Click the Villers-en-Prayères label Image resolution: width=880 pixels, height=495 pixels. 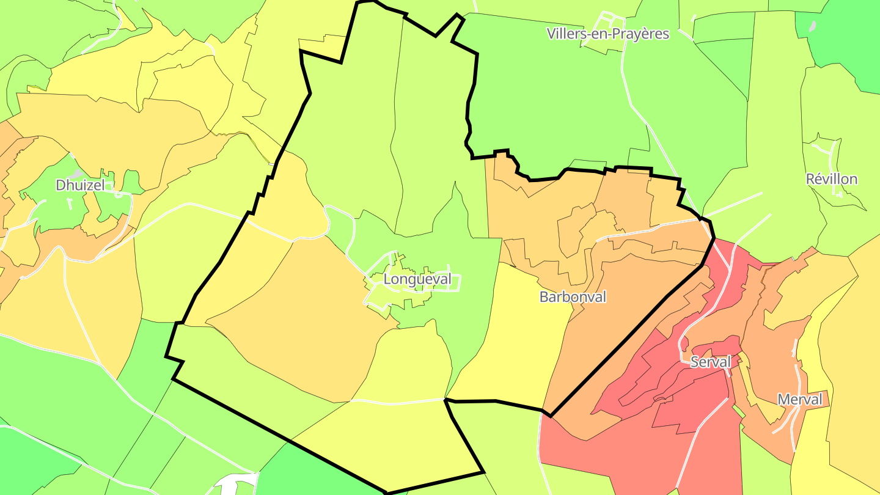[608, 34]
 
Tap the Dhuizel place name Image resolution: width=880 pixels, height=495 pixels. [80, 185]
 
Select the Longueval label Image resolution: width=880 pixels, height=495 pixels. [417, 279]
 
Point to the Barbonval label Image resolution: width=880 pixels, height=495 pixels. [573, 297]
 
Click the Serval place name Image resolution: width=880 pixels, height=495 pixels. [710, 362]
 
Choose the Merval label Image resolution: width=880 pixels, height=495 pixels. [799, 400]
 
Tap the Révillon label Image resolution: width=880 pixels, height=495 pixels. [831, 179]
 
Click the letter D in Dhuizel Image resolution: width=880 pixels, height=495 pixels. [61, 185]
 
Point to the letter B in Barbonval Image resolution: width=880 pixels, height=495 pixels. [544, 297]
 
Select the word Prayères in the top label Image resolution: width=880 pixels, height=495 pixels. [642, 34]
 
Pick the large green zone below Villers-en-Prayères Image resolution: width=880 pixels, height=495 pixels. [550, 104]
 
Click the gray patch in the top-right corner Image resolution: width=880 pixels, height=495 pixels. [812, 27]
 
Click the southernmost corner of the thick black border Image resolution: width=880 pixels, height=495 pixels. [386, 493]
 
